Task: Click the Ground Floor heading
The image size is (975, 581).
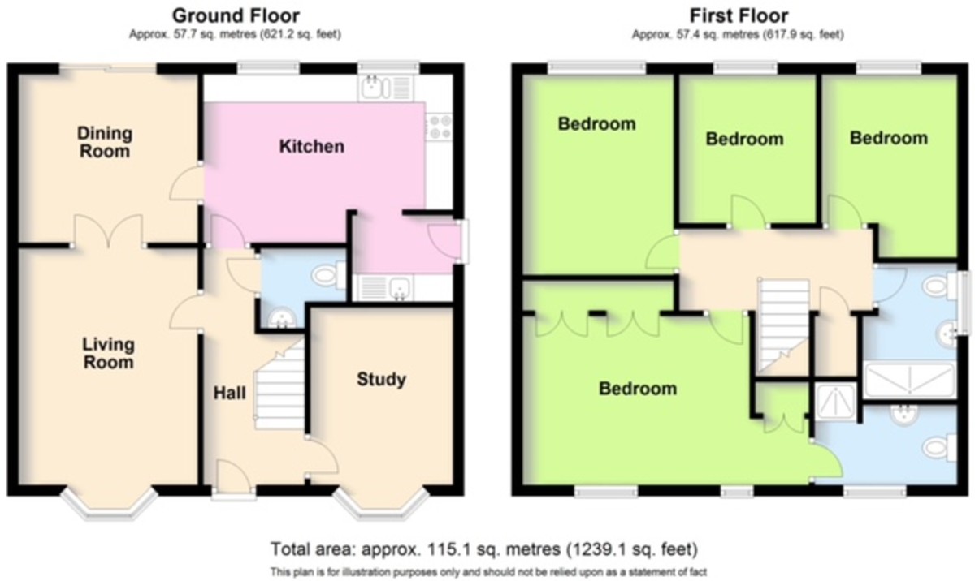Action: point(236,16)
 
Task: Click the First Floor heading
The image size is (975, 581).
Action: point(739,16)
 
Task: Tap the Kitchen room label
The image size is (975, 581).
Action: point(312,146)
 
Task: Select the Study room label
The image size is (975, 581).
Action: point(381,380)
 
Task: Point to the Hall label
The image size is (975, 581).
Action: point(229,394)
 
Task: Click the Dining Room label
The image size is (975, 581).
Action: point(105,142)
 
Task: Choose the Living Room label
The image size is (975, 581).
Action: point(108,353)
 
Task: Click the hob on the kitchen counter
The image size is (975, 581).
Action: point(440,127)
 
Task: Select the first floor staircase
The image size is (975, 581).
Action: point(783,325)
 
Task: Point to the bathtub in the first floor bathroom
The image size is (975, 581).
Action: point(909,380)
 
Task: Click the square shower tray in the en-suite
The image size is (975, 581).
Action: point(836,402)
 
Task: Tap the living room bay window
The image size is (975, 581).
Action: point(109,504)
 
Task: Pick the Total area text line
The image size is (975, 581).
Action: point(484,549)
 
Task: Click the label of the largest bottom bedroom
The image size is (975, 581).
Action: point(638,389)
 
